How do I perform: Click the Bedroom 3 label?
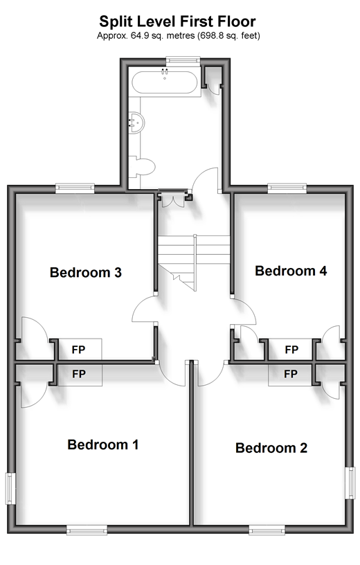point(86,272)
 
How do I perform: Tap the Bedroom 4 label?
point(291,271)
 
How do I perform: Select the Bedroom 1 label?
point(103,445)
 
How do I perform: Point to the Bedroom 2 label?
point(271,448)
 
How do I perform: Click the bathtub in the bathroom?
point(164,82)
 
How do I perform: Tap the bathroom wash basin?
point(136,123)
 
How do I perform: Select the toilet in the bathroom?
point(142,167)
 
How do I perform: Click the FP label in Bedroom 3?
point(78,350)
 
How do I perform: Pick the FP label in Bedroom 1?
point(78,374)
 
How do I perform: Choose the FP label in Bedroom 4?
point(291,350)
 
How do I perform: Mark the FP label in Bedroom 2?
point(291,374)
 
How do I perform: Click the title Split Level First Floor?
point(178,21)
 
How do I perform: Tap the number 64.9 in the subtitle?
point(136,36)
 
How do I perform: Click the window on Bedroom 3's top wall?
point(75,188)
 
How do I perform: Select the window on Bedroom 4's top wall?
point(287,188)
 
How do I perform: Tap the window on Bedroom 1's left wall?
point(10,489)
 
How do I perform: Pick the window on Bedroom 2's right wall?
point(350,483)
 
